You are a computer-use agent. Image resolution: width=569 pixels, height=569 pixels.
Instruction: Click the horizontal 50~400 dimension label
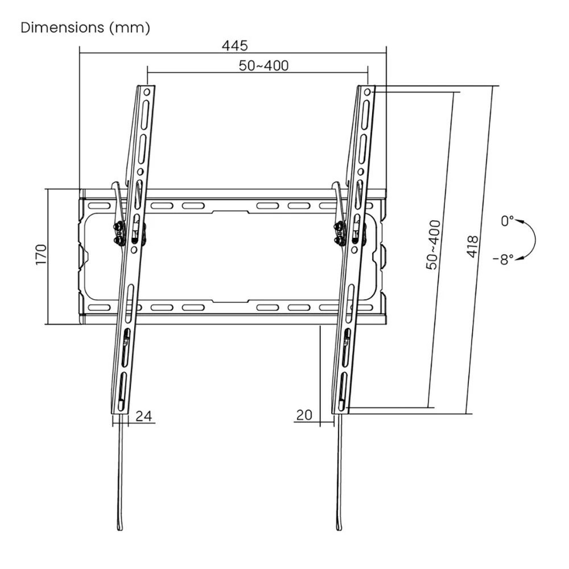pyautogui.click(x=263, y=65)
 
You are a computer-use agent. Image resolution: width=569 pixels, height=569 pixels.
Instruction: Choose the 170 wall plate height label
pyautogui.click(x=40, y=254)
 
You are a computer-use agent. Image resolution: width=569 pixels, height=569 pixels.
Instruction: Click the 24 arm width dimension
pyautogui.click(x=144, y=416)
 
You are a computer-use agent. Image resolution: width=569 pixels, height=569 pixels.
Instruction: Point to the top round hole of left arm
pyautogui.click(x=147, y=91)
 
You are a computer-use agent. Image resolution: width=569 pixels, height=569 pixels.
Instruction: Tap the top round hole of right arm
pyautogui.click(x=367, y=91)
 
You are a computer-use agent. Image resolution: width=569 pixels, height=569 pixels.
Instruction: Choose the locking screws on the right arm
pyautogui.click(x=339, y=234)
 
